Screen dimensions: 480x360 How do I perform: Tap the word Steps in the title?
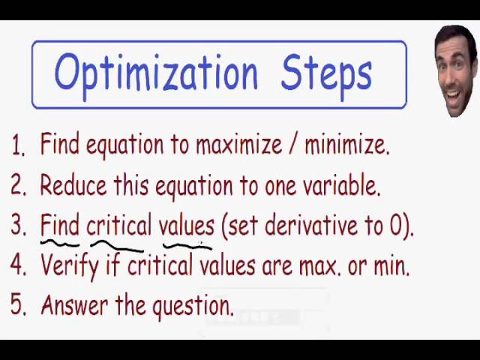tap(326, 76)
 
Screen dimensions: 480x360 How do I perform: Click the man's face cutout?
tap(457, 71)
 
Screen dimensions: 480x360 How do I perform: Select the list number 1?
tap(18, 145)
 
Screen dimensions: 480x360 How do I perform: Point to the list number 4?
tap(18, 265)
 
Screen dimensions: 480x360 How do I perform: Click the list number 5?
tap(18, 304)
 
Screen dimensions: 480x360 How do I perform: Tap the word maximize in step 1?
tap(238, 145)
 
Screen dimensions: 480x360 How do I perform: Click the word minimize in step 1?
tap(347, 145)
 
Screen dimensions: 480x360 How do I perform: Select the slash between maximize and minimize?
tap(293, 144)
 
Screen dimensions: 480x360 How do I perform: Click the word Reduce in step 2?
tap(73, 185)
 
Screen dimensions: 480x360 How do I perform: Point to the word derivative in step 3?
tap(311, 225)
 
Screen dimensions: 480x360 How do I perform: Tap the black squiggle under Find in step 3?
tap(60, 243)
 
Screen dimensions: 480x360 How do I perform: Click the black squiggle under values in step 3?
tap(187, 246)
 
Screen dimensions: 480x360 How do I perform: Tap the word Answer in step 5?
tap(75, 305)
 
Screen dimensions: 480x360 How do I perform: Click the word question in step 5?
tap(193, 307)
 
